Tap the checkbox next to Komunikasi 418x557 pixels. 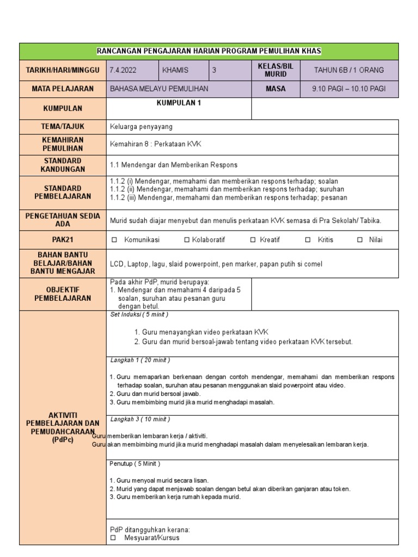[x=114, y=240]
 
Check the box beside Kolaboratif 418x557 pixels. [x=187, y=240]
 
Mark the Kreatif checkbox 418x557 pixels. [x=253, y=240]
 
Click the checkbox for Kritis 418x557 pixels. [x=308, y=240]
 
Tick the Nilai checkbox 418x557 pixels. [x=360, y=240]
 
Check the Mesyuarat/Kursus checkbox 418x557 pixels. [x=113, y=538]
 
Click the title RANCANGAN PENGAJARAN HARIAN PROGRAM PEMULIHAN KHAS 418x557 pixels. [x=209, y=51]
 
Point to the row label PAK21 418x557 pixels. [x=63, y=239]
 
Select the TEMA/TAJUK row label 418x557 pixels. [x=63, y=126]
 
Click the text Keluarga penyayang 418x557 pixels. [x=141, y=126]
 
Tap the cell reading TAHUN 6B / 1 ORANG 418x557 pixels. [x=349, y=70]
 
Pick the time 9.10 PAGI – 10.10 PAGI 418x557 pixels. [x=349, y=89]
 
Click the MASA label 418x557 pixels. [x=275, y=89]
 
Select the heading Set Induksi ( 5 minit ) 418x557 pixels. [x=139, y=314]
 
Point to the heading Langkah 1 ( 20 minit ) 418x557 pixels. [x=140, y=360]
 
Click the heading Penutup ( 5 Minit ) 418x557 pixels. [x=135, y=463]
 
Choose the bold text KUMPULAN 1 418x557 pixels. [x=179, y=103]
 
